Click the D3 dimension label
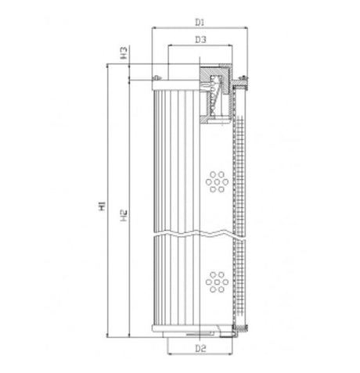(199, 39)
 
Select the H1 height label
(102, 207)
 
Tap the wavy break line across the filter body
(200, 235)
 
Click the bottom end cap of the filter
(200, 332)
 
